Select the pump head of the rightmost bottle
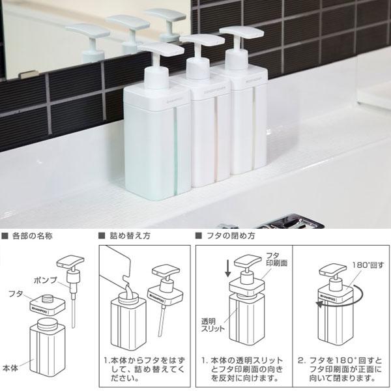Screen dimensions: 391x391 [x=241, y=33]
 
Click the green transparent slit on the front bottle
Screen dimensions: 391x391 [x=174, y=143]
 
